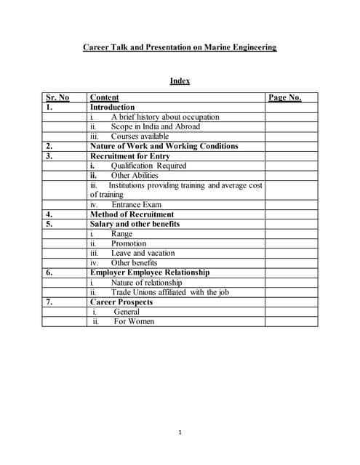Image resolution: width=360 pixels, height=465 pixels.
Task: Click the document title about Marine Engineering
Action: [180, 48]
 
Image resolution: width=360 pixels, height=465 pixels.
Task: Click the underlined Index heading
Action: [180, 81]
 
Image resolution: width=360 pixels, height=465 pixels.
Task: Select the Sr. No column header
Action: [57, 97]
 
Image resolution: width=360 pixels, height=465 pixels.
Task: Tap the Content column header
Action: [104, 97]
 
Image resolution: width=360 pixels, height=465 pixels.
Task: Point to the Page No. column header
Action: [284, 97]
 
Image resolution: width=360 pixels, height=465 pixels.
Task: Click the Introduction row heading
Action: [112, 107]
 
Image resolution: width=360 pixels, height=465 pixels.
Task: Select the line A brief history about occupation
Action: [164, 117]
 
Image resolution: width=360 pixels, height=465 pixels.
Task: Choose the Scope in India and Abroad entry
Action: [155, 126]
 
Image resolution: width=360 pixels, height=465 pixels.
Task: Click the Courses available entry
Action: [140, 136]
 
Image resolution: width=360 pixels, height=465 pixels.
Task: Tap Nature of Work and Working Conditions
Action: [164, 146]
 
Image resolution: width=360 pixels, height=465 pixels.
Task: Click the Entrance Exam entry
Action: [136, 205]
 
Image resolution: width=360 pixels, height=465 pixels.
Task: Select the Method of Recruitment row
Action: [132, 214]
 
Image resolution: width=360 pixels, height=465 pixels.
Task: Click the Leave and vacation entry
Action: [143, 253]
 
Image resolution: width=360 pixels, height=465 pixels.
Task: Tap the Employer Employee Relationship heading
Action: [149, 272]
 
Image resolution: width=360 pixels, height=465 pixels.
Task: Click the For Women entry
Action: [134, 321]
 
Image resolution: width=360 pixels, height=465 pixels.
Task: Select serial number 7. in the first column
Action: [49, 302]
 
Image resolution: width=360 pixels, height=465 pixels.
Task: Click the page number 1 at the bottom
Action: [180, 433]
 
